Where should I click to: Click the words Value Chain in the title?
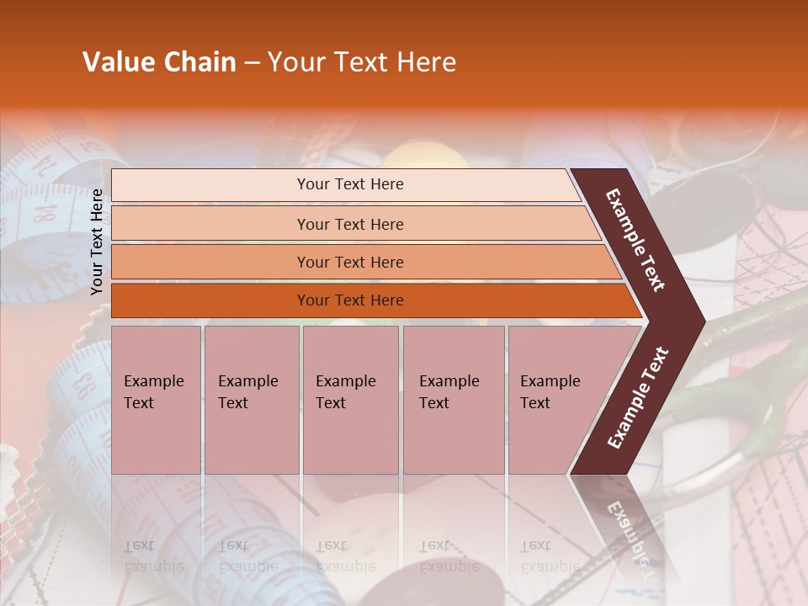pyautogui.click(x=159, y=62)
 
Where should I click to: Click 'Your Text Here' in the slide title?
pyautogui.click(x=362, y=62)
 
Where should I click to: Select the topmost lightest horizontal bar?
pyautogui.click(x=345, y=184)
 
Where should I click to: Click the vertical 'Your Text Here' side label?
pyautogui.click(x=97, y=242)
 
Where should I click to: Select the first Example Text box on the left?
pyautogui.click(x=156, y=399)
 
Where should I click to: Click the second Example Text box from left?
pyautogui.click(x=251, y=399)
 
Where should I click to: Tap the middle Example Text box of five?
pyautogui.click(x=350, y=399)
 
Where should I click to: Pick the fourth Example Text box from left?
pyautogui.click(x=453, y=399)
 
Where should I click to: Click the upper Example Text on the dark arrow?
pyautogui.click(x=635, y=240)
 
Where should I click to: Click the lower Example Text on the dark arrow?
pyautogui.click(x=638, y=397)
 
